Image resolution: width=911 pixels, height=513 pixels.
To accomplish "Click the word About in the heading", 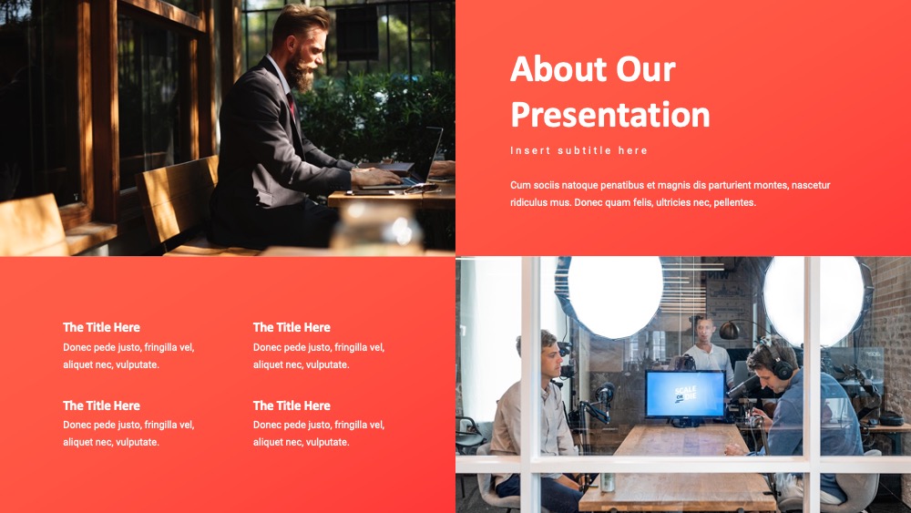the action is (558, 69).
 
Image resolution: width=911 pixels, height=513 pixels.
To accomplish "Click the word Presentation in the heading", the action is (610, 116).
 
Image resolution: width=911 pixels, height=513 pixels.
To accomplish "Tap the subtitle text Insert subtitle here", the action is (578, 150).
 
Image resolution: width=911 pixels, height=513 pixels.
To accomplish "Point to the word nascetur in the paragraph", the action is (811, 185).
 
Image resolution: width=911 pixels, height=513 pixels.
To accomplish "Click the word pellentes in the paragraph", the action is (735, 203).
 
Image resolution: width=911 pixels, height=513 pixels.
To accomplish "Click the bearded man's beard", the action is (301, 73).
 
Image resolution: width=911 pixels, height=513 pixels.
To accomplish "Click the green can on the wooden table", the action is (608, 482).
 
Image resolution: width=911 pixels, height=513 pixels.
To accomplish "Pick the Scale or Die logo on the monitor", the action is (685, 394).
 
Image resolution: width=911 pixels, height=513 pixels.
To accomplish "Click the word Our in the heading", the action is (646, 69).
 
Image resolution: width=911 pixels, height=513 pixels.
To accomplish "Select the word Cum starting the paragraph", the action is (520, 185).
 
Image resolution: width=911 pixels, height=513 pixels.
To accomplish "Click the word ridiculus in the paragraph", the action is (530, 203).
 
